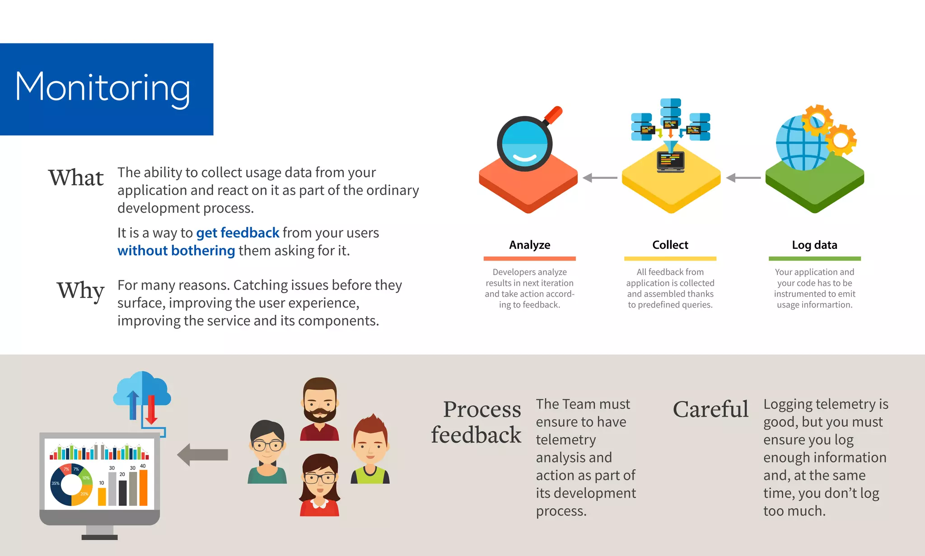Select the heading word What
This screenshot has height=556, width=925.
pyautogui.click(x=76, y=178)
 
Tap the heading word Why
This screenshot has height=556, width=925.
pyautogui.click(x=80, y=290)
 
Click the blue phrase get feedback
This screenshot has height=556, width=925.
pyautogui.click(x=238, y=233)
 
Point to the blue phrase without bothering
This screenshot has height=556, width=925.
pyautogui.click(x=176, y=251)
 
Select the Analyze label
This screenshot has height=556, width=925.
pyautogui.click(x=529, y=245)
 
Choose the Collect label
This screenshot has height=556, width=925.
pyautogui.click(x=670, y=245)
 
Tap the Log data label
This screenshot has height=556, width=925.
pyautogui.click(x=814, y=245)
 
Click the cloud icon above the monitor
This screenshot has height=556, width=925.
pyautogui.click(x=142, y=390)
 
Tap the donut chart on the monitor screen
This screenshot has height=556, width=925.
pyautogui.click(x=71, y=485)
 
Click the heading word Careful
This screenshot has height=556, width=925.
pyautogui.click(x=710, y=409)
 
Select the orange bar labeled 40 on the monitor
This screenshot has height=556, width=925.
pyautogui.click(x=143, y=488)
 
